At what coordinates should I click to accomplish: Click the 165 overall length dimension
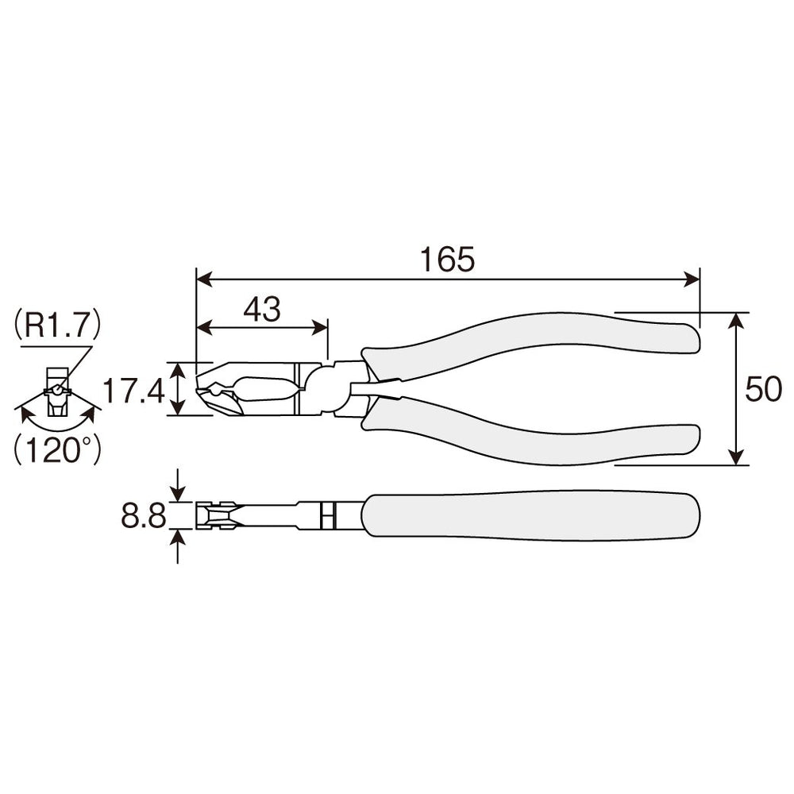pyautogui.click(x=448, y=260)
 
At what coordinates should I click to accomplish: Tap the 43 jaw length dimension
pyautogui.click(x=262, y=310)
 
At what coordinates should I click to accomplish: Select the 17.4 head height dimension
pyautogui.click(x=133, y=391)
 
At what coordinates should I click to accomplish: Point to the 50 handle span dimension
pyautogui.click(x=763, y=389)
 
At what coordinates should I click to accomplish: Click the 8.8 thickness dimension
pyautogui.click(x=143, y=516)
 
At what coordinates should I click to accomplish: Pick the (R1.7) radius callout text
pyautogui.click(x=57, y=325)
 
